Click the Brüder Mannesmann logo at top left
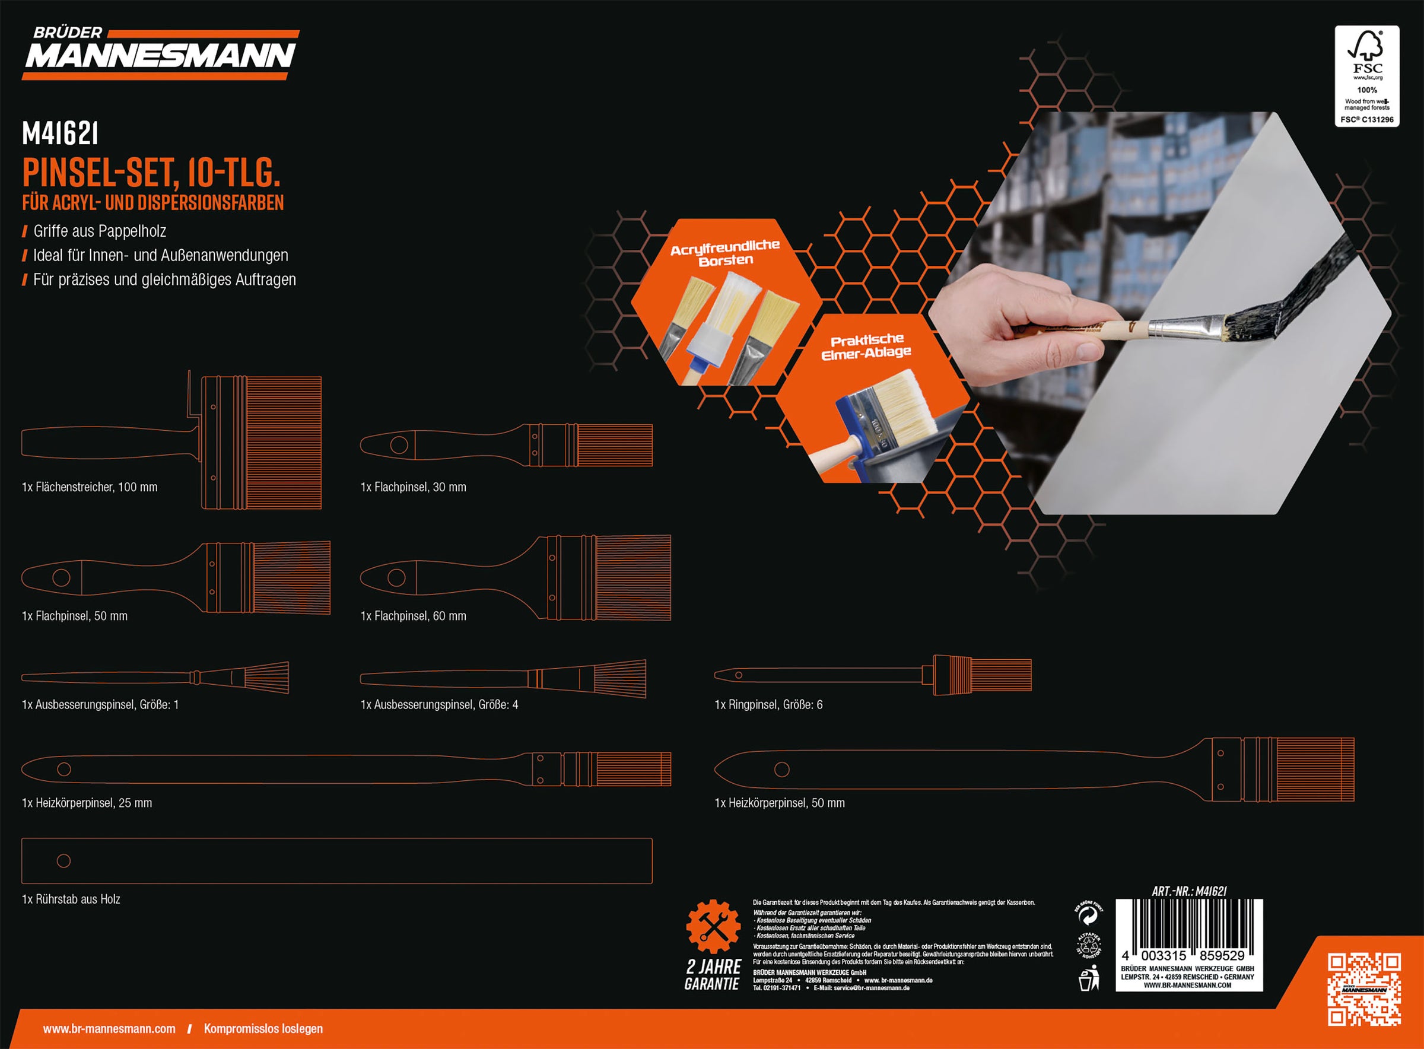point(160,53)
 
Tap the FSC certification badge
point(1367,76)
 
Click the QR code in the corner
point(1364,988)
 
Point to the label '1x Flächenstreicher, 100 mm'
point(90,487)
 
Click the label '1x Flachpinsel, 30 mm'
point(414,487)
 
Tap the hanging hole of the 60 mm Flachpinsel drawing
point(397,578)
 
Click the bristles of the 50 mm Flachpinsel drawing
point(293,578)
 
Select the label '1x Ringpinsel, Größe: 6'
point(768,704)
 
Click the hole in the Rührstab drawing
point(63,861)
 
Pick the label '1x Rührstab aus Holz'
point(71,899)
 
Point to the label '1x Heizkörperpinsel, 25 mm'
point(87,803)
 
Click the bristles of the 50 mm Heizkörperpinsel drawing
point(1315,770)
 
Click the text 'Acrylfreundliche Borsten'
point(725,253)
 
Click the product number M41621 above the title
point(60,133)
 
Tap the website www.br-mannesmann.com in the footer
point(109,1029)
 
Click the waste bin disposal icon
point(1089,978)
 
